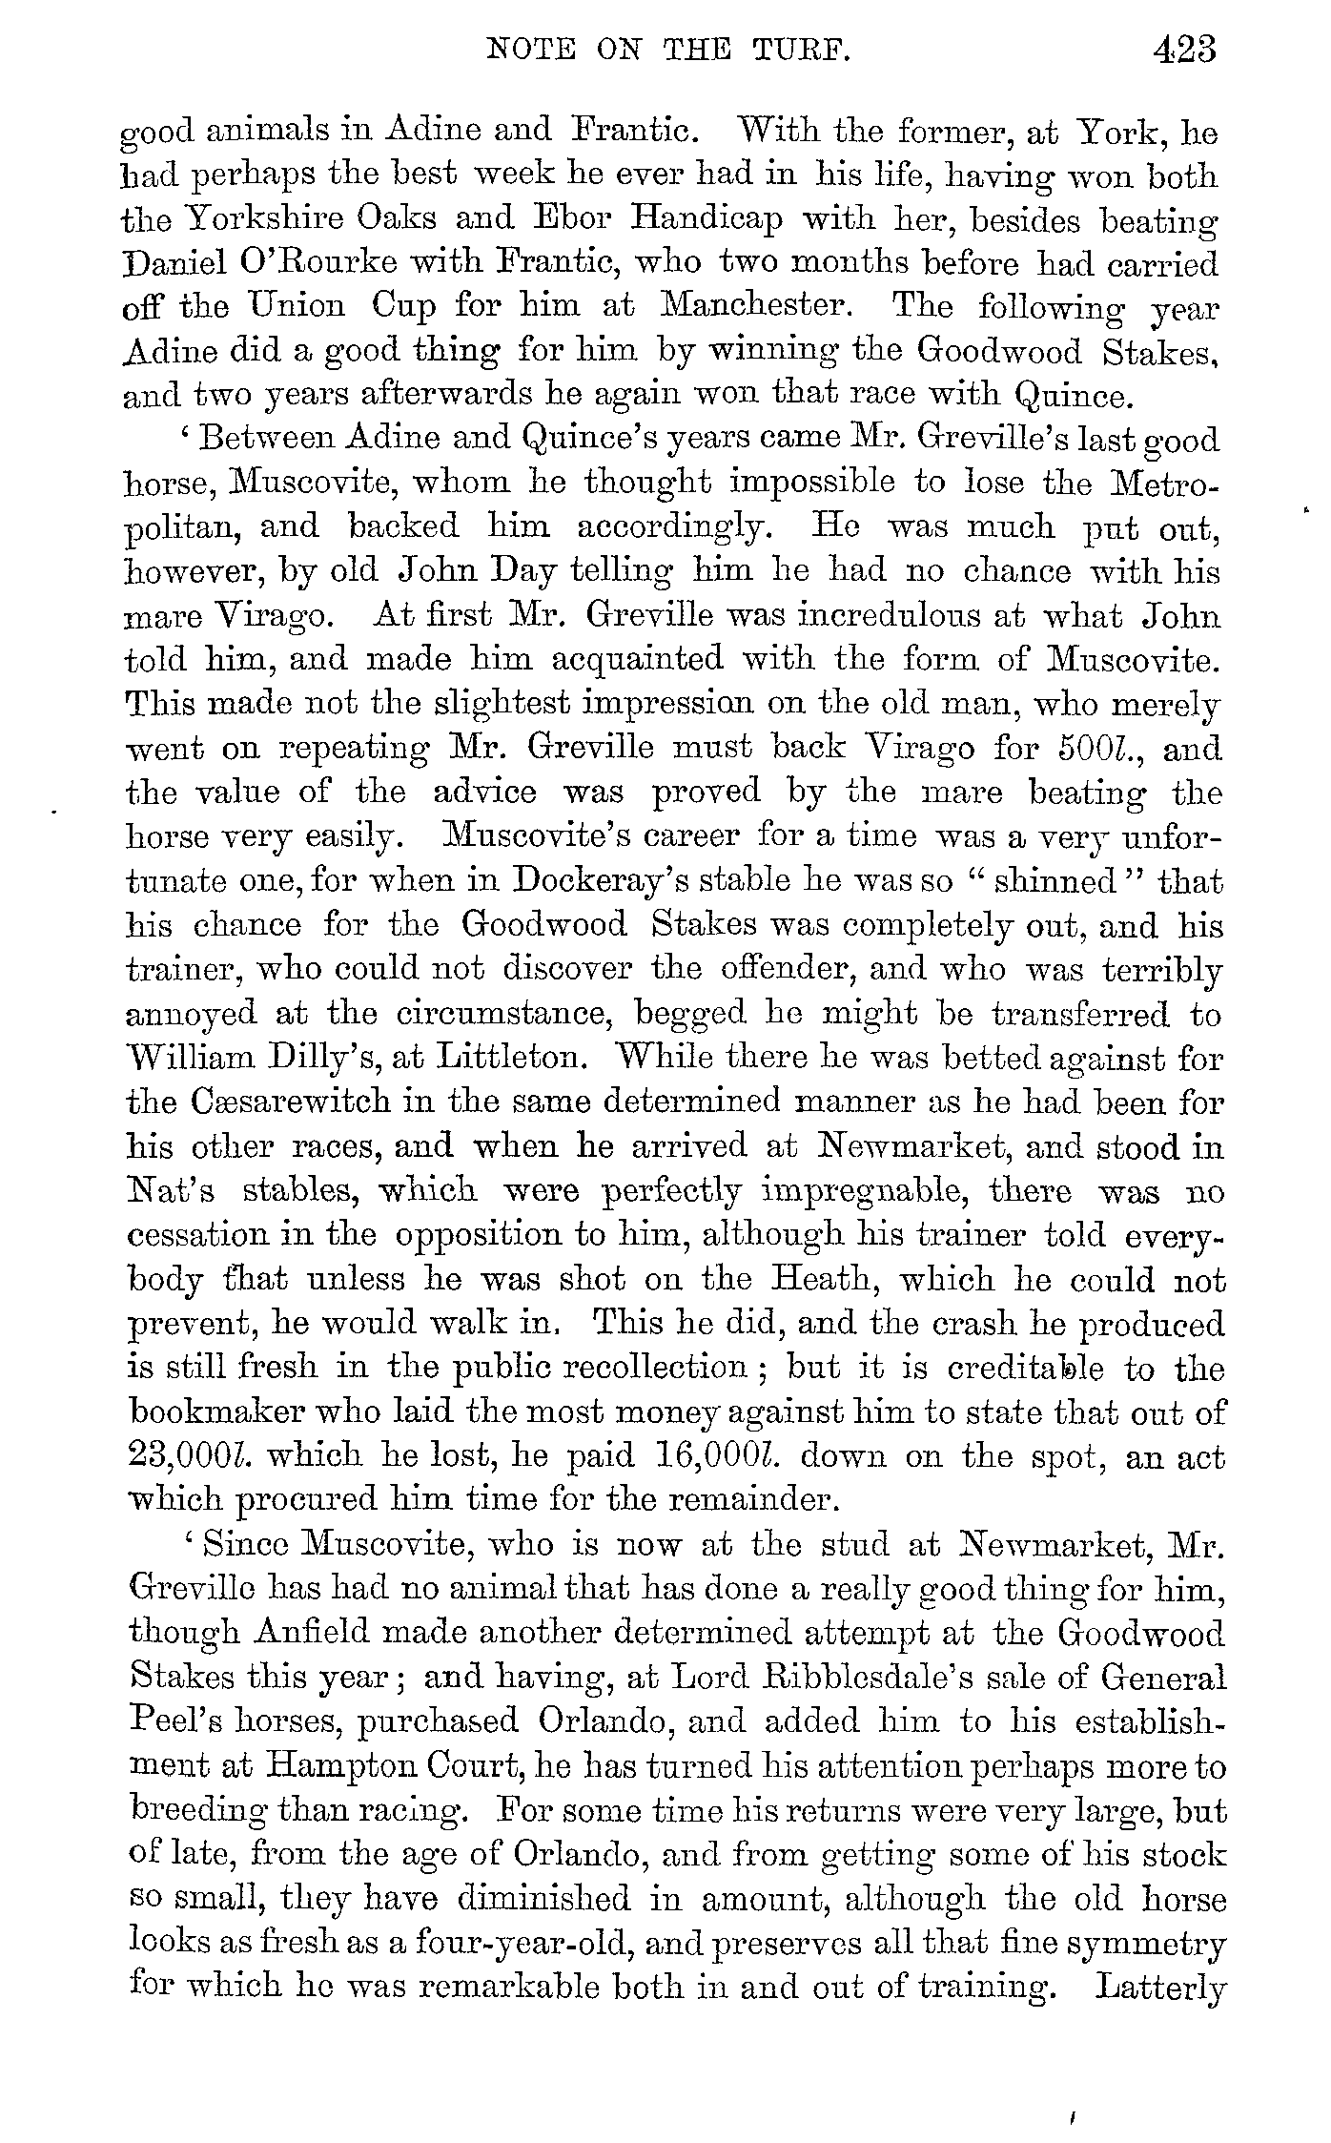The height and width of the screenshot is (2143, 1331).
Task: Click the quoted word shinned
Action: (1055, 880)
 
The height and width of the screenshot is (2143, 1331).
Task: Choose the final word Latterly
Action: (1160, 1988)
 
